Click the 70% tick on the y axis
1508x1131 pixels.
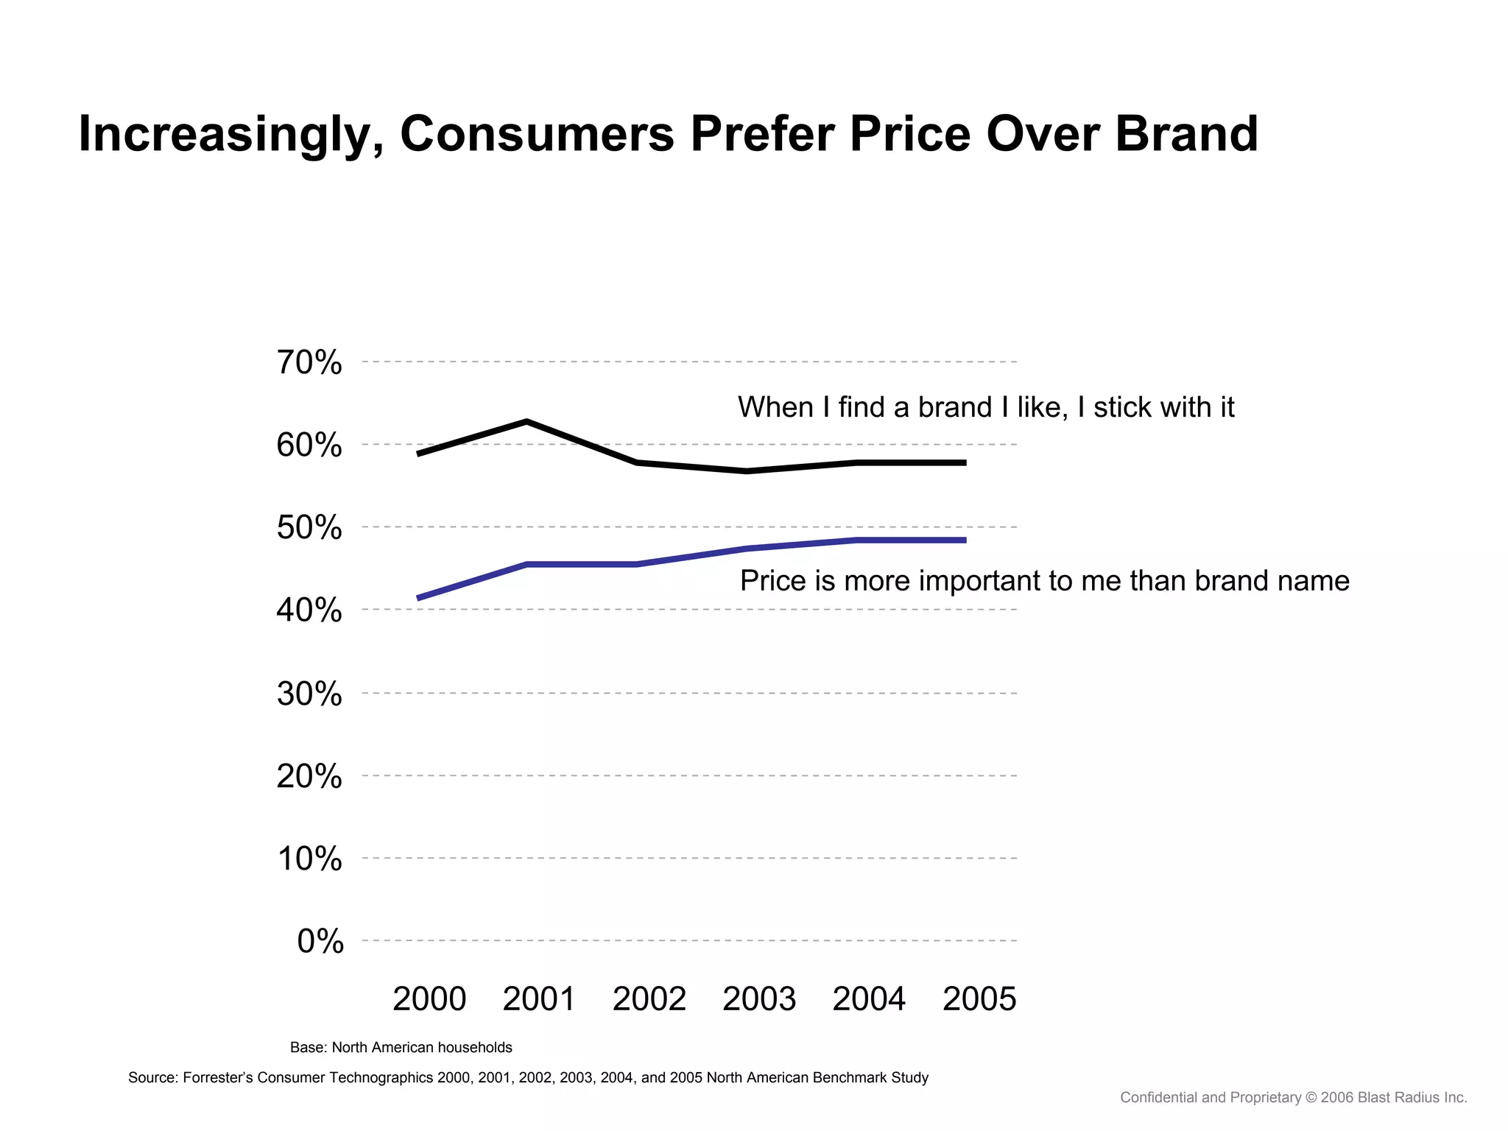pyautogui.click(x=309, y=362)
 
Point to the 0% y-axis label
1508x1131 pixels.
pyautogui.click(x=320, y=941)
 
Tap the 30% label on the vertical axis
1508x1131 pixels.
pyautogui.click(x=309, y=694)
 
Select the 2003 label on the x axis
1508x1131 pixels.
pyautogui.click(x=759, y=999)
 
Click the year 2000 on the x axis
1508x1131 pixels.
pyautogui.click(x=429, y=999)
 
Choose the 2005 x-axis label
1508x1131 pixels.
pyautogui.click(x=979, y=999)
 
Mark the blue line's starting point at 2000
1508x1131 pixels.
pyautogui.click(x=418, y=598)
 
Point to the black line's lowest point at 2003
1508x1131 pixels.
pyautogui.click(x=747, y=471)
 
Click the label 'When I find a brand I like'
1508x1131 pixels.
pyautogui.click(x=985, y=407)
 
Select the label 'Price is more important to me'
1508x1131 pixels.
pyautogui.click(x=1044, y=581)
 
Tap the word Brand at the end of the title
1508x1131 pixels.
pyautogui.click(x=1186, y=134)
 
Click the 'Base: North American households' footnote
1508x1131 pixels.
pyautogui.click(x=401, y=1047)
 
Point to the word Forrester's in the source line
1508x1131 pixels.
pyautogui.click(x=217, y=1078)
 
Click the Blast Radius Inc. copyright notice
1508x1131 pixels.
pyautogui.click(x=1293, y=1098)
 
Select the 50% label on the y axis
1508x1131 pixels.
pyautogui.click(x=309, y=528)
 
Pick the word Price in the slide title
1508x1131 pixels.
pyautogui.click(x=909, y=134)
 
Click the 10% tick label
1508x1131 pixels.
pyautogui.click(x=309, y=859)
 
